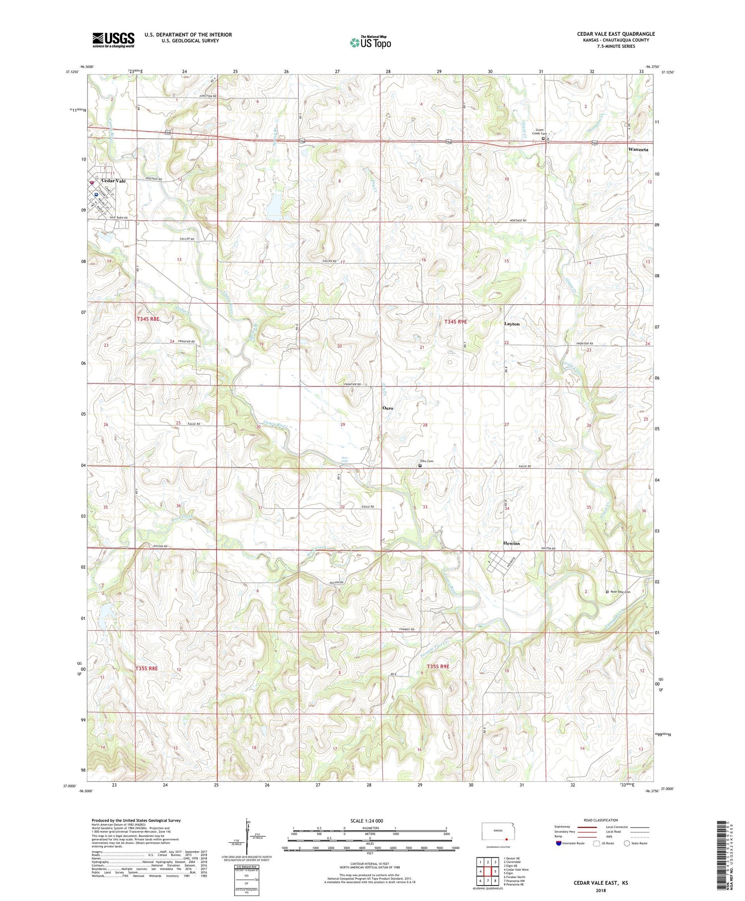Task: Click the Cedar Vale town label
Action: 113,181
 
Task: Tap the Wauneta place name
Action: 638,149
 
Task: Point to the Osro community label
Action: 387,408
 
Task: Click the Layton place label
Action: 512,324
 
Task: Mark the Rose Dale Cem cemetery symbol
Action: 607,592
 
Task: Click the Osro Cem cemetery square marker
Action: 420,466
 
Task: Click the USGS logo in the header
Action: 113,40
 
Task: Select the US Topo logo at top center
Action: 371,42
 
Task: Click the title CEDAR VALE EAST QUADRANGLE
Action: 615,34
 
